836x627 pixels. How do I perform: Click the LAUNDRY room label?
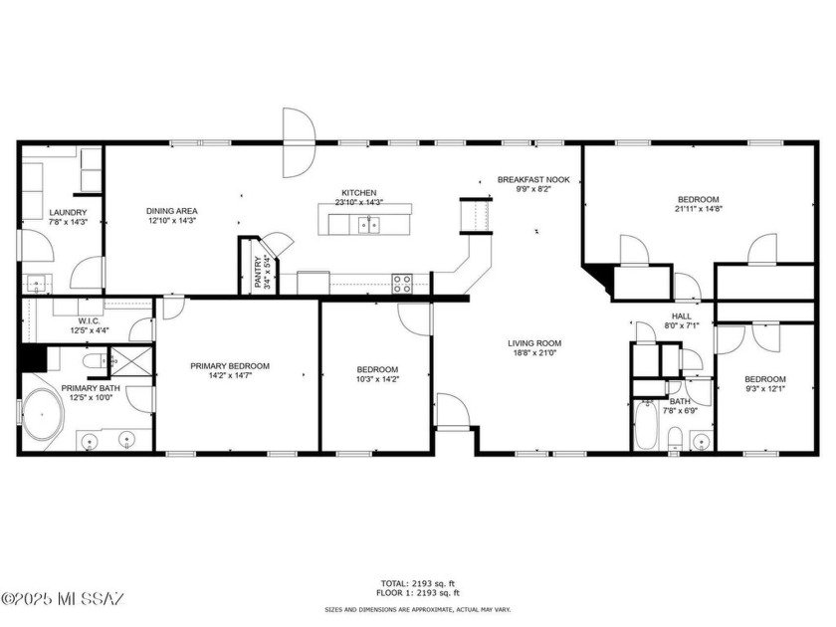tap(68, 212)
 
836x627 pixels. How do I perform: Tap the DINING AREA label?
tap(173, 211)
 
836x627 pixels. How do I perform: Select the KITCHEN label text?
tap(359, 192)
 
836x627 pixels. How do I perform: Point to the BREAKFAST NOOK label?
tap(533, 180)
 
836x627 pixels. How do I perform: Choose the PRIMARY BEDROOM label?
tap(230, 366)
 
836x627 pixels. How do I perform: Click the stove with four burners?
tap(402, 283)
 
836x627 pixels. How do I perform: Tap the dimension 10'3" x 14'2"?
tap(377, 379)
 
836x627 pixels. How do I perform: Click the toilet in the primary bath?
tap(92, 360)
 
